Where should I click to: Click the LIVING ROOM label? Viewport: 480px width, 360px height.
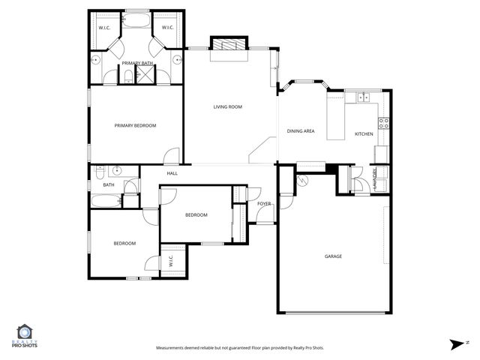pos(228,107)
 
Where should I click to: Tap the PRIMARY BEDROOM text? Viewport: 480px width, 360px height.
pos(135,125)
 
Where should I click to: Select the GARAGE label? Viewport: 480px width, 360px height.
pos(333,256)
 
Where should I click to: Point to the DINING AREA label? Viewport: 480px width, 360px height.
pos(301,132)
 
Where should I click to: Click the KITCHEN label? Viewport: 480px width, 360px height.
pos(364,134)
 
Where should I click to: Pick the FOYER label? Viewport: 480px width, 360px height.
pos(264,203)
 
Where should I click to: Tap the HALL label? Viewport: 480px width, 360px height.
pos(172,173)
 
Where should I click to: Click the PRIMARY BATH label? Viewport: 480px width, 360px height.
pos(137,62)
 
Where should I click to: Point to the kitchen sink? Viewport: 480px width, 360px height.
pos(364,96)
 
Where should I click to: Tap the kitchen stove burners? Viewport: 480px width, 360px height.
pos(383,123)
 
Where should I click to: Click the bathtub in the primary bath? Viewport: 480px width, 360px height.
pos(136,22)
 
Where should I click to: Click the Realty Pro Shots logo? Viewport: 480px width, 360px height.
pos(25,335)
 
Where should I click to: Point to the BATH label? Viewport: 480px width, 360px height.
pos(109,184)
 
